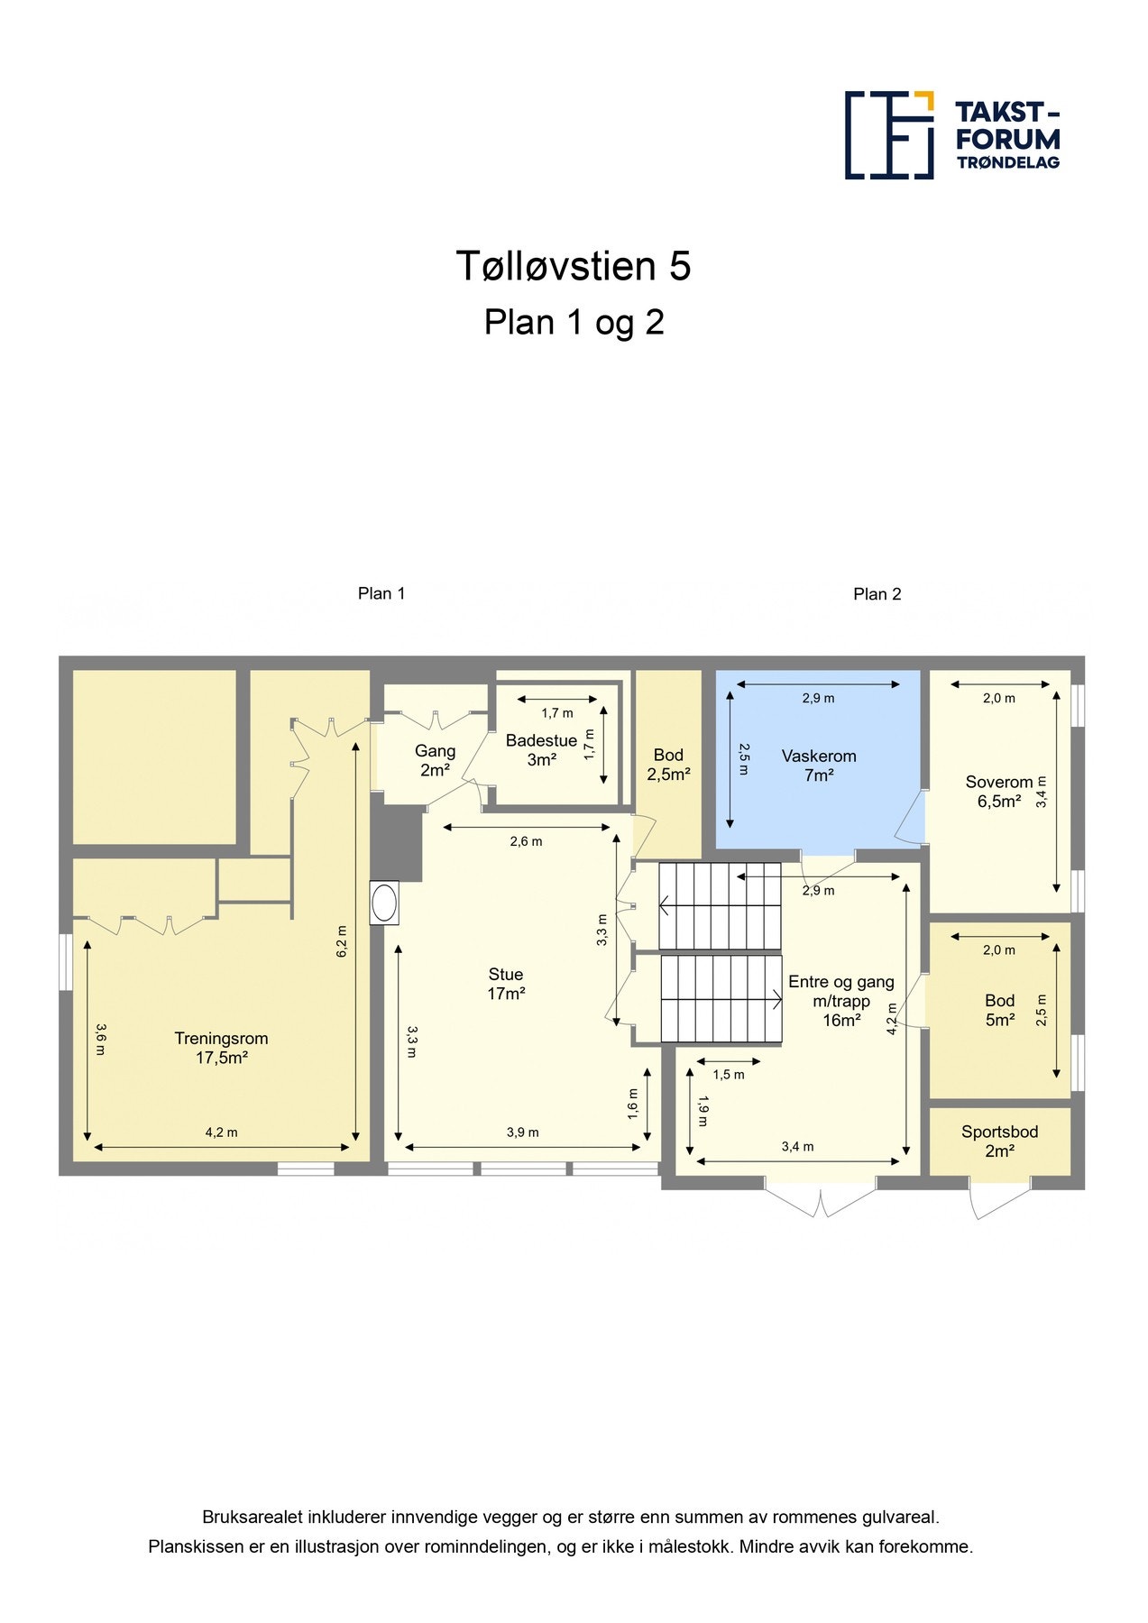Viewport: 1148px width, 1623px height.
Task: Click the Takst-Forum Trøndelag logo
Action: click(952, 135)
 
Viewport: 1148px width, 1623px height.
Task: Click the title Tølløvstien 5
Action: click(574, 266)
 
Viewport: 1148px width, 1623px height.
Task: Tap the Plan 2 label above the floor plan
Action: click(877, 594)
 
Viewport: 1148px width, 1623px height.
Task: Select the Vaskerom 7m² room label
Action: click(819, 766)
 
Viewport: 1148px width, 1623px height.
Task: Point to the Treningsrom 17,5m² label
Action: click(222, 1048)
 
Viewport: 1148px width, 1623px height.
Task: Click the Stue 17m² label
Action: click(506, 984)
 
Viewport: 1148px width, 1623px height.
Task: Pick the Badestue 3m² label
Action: click(541, 750)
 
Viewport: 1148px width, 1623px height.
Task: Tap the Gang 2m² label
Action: click(436, 760)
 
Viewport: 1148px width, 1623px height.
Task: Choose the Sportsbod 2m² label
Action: click(1000, 1142)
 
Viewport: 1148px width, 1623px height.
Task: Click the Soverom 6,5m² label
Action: click(999, 792)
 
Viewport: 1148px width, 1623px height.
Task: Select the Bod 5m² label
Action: click(1000, 1010)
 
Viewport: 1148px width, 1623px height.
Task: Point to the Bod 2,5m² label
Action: click(668, 765)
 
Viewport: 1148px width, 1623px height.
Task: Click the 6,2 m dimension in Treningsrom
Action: click(342, 941)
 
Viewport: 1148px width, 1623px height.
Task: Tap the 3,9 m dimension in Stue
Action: click(523, 1132)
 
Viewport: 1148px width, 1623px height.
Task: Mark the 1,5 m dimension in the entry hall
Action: click(729, 1075)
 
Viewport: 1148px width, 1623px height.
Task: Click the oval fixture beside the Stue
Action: click(384, 903)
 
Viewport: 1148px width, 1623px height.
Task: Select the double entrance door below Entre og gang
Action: click(821, 1197)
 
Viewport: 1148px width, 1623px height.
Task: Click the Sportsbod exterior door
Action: click(999, 1198)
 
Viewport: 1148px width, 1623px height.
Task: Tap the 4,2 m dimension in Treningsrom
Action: click(222, 1132)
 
